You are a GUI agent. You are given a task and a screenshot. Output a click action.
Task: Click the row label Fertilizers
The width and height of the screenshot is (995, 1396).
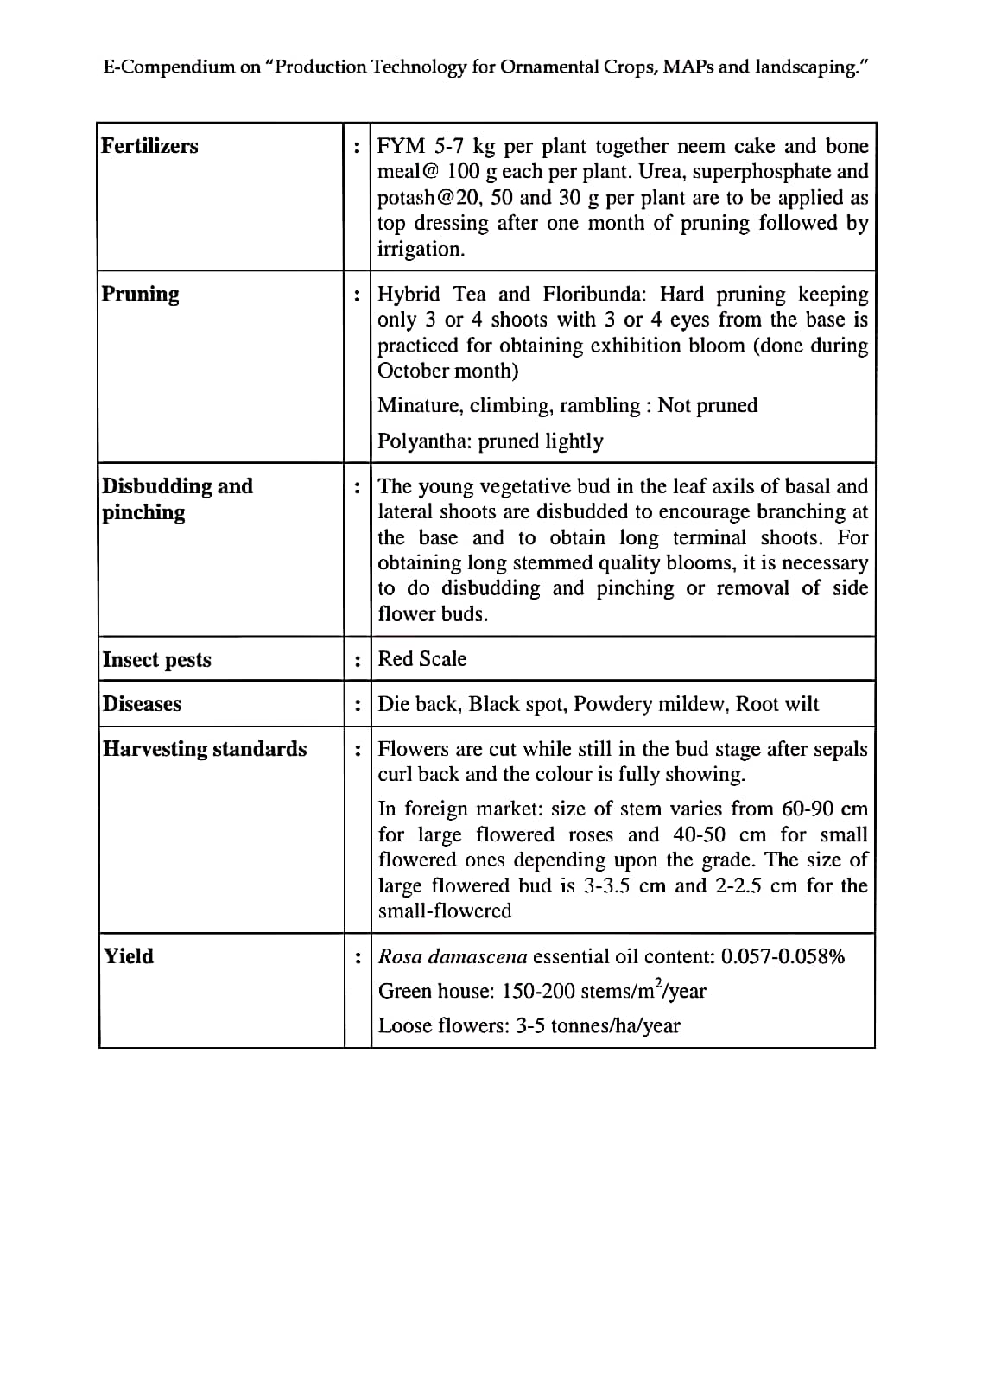coord(149,146)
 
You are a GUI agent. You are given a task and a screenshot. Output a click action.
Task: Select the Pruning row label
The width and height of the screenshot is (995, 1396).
coord(141,294)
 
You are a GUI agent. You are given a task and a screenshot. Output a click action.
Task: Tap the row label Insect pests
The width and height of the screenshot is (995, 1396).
coord(156,660)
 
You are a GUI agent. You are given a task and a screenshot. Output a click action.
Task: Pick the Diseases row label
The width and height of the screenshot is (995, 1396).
coord(142,704)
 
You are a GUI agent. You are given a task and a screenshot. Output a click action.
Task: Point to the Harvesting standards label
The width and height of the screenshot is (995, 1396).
coord(205,749)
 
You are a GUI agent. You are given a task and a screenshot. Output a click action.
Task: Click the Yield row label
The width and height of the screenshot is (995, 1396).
coord(128,956)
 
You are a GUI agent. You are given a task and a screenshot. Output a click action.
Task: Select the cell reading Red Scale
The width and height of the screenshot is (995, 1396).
coord(422,659)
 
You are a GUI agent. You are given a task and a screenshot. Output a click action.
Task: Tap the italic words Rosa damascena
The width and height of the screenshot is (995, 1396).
coord(453,957)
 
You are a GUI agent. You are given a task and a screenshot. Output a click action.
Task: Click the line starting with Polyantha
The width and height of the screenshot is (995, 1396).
coord(491,441)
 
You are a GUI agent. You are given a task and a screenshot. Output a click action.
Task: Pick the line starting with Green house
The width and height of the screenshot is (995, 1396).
coord(542,992)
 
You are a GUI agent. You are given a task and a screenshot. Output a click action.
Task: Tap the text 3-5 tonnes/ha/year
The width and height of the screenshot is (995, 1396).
coord(598,1026)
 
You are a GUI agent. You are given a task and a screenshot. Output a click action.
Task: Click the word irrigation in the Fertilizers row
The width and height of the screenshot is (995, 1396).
coord(421,250)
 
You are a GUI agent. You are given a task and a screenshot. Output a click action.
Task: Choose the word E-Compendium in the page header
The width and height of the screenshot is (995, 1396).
coord(168,67)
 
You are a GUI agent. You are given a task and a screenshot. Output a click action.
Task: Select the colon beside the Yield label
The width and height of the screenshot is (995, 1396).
coord(358,957)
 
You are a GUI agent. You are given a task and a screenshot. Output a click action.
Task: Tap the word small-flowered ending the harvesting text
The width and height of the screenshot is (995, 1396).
coord(445,911)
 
